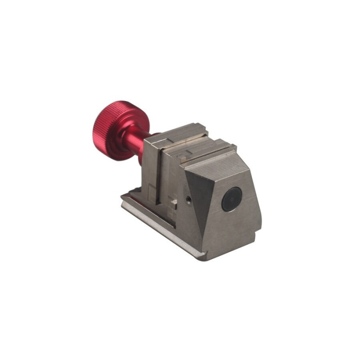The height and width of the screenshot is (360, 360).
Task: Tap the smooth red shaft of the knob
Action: point(135,143)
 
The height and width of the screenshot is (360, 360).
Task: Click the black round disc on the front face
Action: point(232,198)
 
